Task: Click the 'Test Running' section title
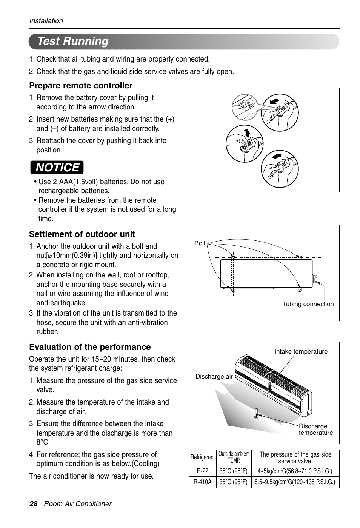coord(73,41)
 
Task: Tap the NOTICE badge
coord(57,167)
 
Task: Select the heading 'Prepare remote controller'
coord(81,86)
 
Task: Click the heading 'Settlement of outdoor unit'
coord(82,234)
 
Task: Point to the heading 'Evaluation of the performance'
coord(90,347)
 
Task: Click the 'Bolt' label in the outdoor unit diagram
coord(200,243)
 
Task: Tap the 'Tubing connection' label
coord(308,304)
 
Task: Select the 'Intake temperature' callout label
coord(301,351)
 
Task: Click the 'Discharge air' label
coord(214,376)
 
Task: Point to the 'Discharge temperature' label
coord(315,429)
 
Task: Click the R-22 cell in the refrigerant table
coord(202,471)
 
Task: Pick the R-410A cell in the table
coord(202,482)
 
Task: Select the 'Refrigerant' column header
coord(202,457)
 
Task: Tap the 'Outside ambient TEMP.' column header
coord(234,457)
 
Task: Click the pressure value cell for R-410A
coord(295,482)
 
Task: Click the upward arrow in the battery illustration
coord(247,132)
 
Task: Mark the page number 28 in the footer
coord(33,504)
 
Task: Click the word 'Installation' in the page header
coord(46,21)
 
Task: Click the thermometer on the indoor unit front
coord(270,387)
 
